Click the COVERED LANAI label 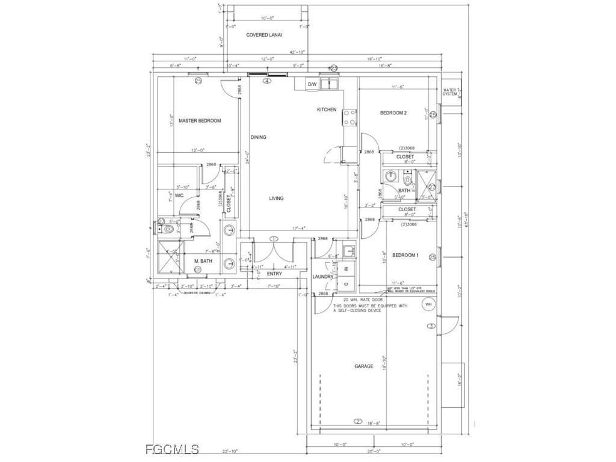click(x=265, y=35)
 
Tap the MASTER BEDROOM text click(x=200, y=120)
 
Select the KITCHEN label click(x=327, y=109)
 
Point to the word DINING click(x=258, y=137)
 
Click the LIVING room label click(x=276, y=198)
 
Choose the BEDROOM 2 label click(x=393, y=112)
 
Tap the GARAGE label click(x=363, y=366)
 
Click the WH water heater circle click(x=428, y=304)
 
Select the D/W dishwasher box click(x=312, y=85)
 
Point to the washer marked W click(x=345, y=269)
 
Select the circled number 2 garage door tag click(x=357, y=422)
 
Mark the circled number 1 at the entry click(x=274, y=239)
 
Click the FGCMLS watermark click(x=172, y=449)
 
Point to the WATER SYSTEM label click(x=451, y=91)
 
